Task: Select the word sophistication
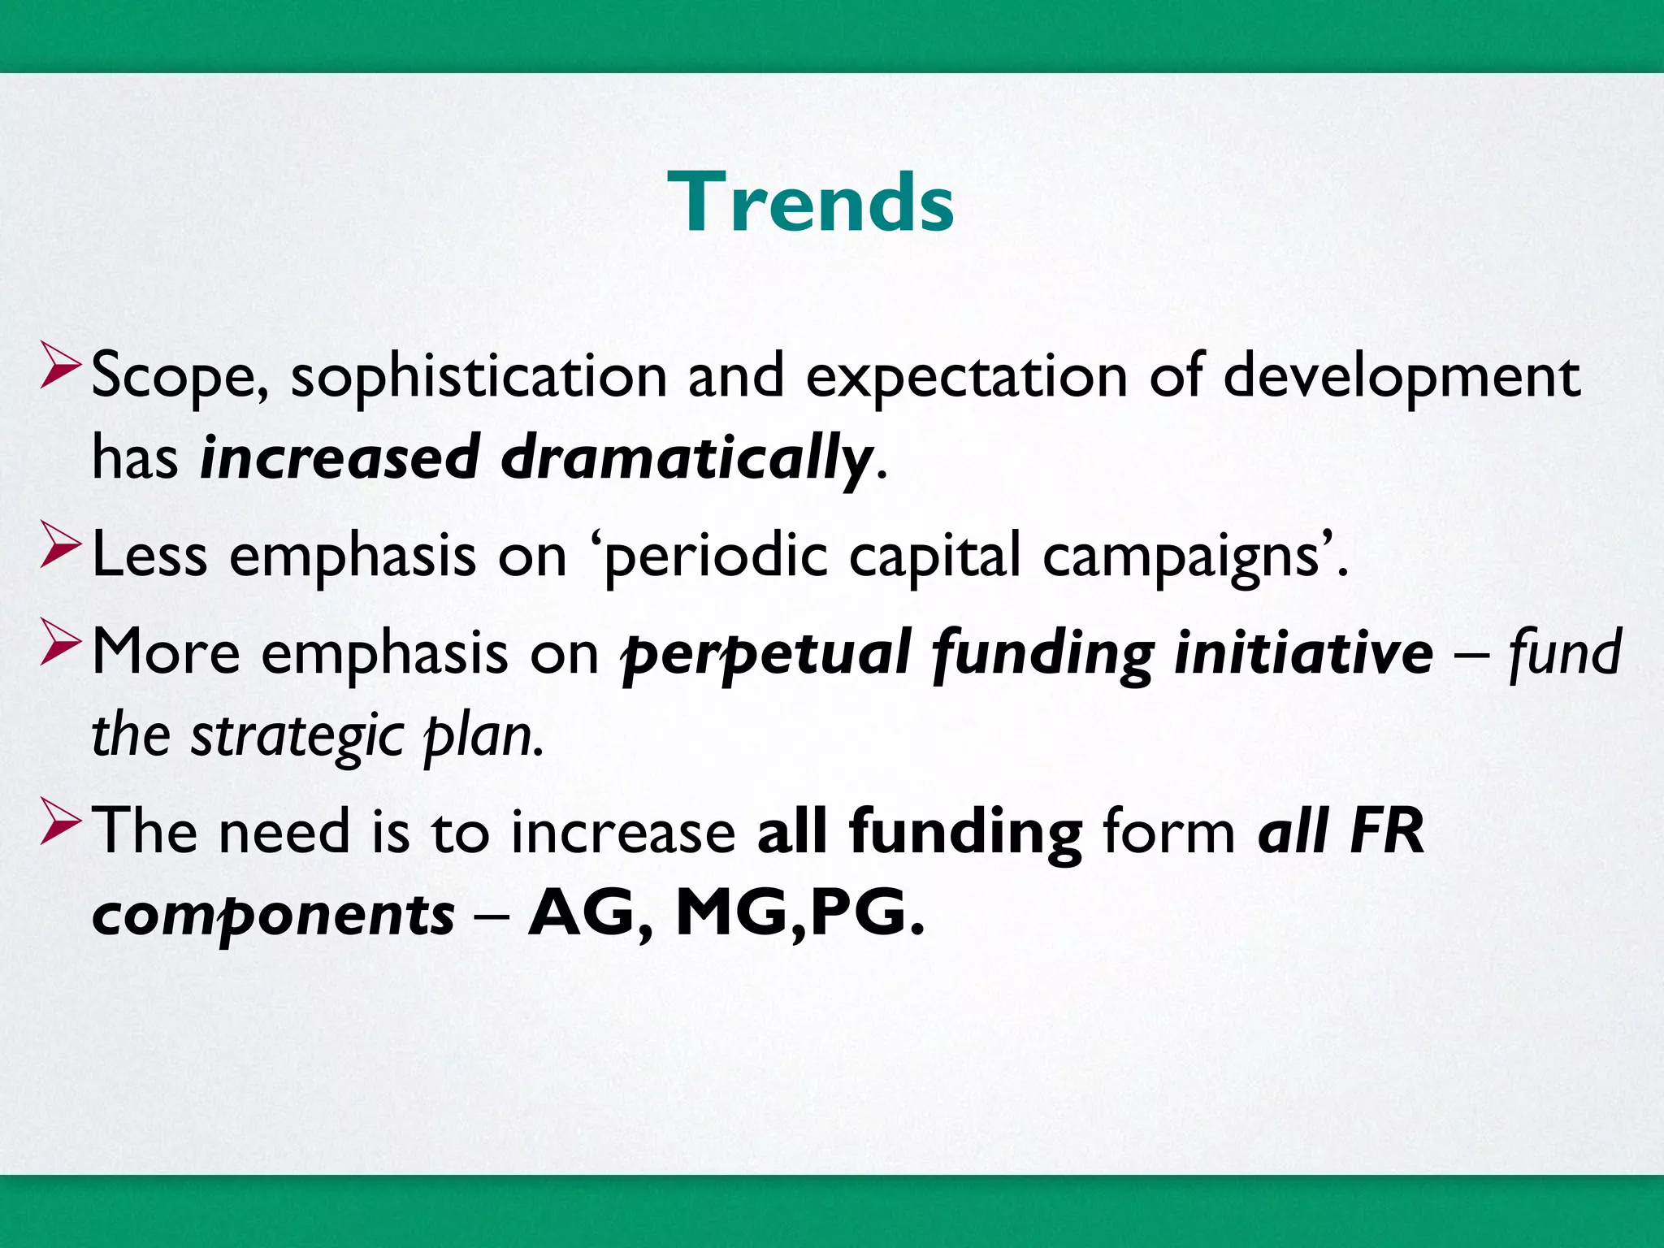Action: (x=479, y=377)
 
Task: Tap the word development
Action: (x=1402, y=377)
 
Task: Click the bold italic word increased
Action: (x=340, y=458)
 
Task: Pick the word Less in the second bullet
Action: (x=149, y=556)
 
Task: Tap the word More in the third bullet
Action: (x=166, y=652)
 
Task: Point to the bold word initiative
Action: (x=1303, y=652)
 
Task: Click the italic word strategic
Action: (x=297, y=735)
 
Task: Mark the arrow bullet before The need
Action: (x=60, y=821)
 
